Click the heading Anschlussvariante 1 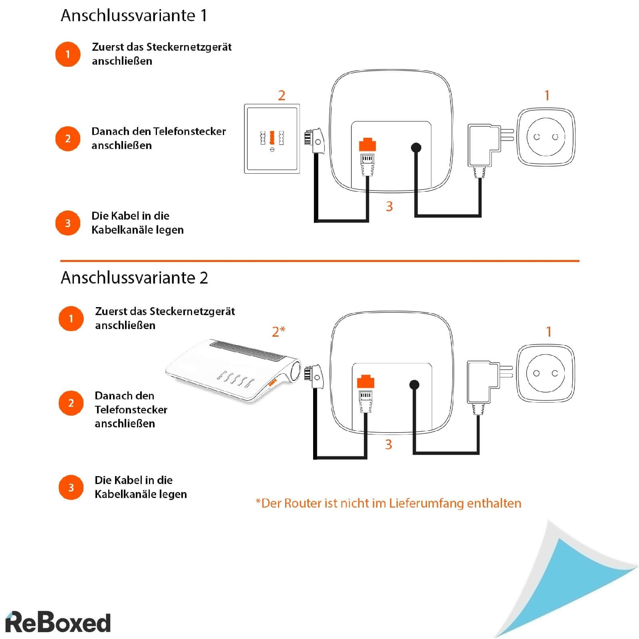(134, 16)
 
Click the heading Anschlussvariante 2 (134, 278)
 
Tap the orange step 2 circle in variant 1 (68, 139)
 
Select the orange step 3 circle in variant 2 (71, 487)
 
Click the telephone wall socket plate (272, 139)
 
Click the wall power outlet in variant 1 (546, 137)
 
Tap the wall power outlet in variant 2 (545, 373)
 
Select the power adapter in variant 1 (483, 145)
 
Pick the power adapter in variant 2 (482, 382)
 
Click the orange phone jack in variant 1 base (367, 145)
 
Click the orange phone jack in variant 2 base (365, 381)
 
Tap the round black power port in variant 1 (416, 148)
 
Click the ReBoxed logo (58, 622)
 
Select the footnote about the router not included (388, 503)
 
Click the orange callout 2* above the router (278, 331)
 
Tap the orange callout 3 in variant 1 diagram (389, 206)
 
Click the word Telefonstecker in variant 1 (189, 131)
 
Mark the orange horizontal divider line (319, 261)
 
